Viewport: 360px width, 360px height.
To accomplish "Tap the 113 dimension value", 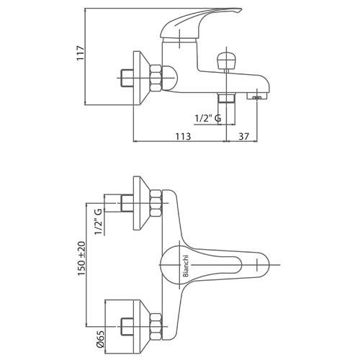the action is [x=183, y=136].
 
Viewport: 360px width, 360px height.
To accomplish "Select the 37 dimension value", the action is [x=244, y=136].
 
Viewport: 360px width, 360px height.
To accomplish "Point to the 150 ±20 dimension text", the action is [x=81, y=258].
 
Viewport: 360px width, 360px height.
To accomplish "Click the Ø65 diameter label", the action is [x=100, y=338].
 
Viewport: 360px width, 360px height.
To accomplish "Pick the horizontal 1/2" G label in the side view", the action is [x=208, y=118].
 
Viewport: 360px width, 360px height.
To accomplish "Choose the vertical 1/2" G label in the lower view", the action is [x=99, y=222].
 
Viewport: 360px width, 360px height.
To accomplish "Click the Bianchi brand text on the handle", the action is [x=186, y=266].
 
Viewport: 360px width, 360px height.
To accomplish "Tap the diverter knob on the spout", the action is [x=226, y=60].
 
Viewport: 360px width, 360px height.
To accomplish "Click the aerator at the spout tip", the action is [x=257, y=96].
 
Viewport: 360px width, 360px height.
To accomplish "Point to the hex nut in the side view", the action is [x=156, y=78].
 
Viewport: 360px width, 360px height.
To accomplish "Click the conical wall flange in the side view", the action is [x=142, y=78].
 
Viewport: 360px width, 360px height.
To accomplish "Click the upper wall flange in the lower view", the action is [x=142, y=203].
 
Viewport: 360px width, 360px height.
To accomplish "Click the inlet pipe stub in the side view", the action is [x=127, y=78].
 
